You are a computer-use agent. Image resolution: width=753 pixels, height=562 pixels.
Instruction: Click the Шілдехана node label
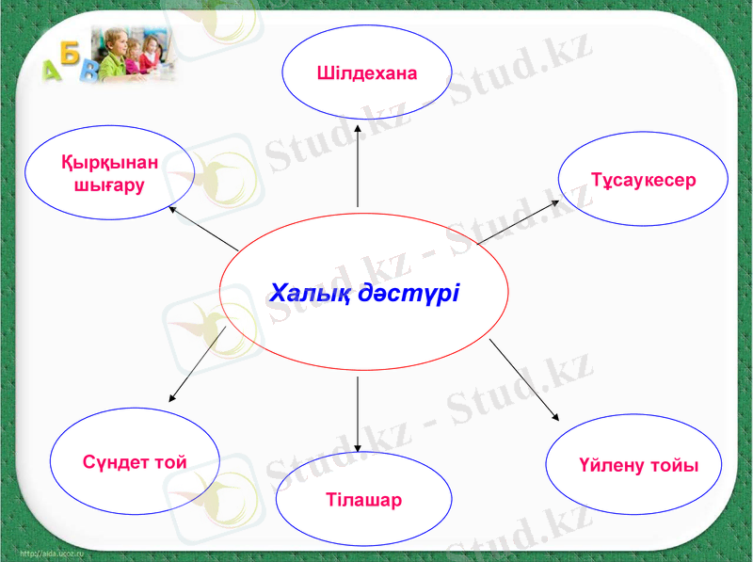(366, 72)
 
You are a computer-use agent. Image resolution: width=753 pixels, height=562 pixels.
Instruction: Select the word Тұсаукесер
(643, 179)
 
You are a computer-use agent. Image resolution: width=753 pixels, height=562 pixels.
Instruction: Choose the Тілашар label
(363, 499)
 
